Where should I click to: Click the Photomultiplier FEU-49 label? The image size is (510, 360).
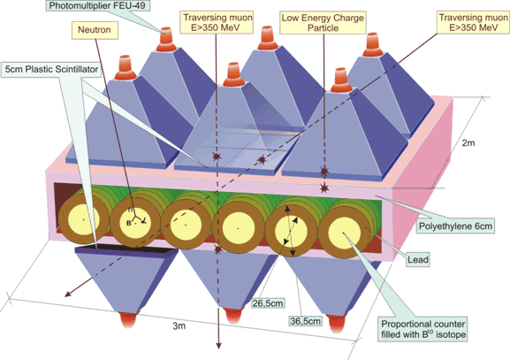(x=96, y=5)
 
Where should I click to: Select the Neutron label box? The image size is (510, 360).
(x=95, y=30)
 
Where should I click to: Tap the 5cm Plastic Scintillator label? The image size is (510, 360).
(x=51, y=69)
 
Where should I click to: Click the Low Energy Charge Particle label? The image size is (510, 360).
(x=323, y=23)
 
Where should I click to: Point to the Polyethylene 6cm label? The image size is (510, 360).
(x=455, y=226)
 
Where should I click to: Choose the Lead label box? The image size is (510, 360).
(x=417, y=260)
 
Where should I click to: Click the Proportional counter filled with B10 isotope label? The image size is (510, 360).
(x=422, y=329)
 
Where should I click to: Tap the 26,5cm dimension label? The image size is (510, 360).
(x=268, y=303)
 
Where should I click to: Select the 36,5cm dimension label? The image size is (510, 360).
(x=306, y=321)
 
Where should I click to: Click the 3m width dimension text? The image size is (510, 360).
(x=179, y=326)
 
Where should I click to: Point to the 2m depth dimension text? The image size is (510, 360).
(x=468, y=142)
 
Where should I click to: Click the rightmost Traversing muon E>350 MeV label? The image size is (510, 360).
(x=473, y=22)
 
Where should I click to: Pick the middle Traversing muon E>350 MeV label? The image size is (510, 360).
(x=217, y=22)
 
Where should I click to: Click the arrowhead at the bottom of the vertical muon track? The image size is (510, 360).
(x=219, y=345)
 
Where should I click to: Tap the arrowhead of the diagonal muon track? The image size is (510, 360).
(x=68, y=294)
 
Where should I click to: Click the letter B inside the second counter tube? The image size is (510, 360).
(x=129, y=223)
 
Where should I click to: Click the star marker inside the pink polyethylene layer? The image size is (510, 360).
(x=324, y=188)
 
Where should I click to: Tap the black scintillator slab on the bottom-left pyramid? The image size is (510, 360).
(x=126, y=250)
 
